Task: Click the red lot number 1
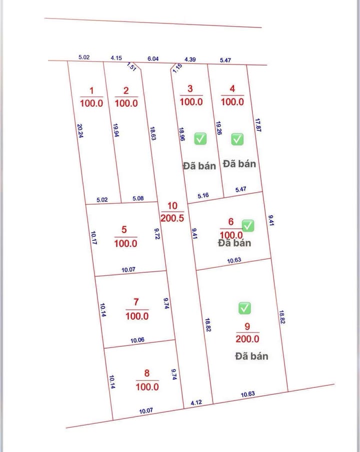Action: [x=91, y=91]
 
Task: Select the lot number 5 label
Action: [x=124, y=230]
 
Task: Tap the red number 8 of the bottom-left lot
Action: [x=146, y=373]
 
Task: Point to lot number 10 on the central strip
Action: [x=172, y=206]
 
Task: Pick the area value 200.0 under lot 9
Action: [x=247, y=339]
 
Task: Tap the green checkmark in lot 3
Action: [x=200, y=139]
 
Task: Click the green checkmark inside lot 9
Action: [x=244, y=308]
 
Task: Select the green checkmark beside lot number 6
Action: [x=248, y=226]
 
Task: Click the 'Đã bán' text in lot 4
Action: [x=239, y=164]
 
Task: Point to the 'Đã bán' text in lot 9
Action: [x=251, y=356]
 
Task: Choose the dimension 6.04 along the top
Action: [x=153, y=59]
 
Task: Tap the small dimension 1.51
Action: [x=132, y=67]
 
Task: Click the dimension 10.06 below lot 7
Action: [x=137, y=340]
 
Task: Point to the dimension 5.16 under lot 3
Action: [x=203, y=196]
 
